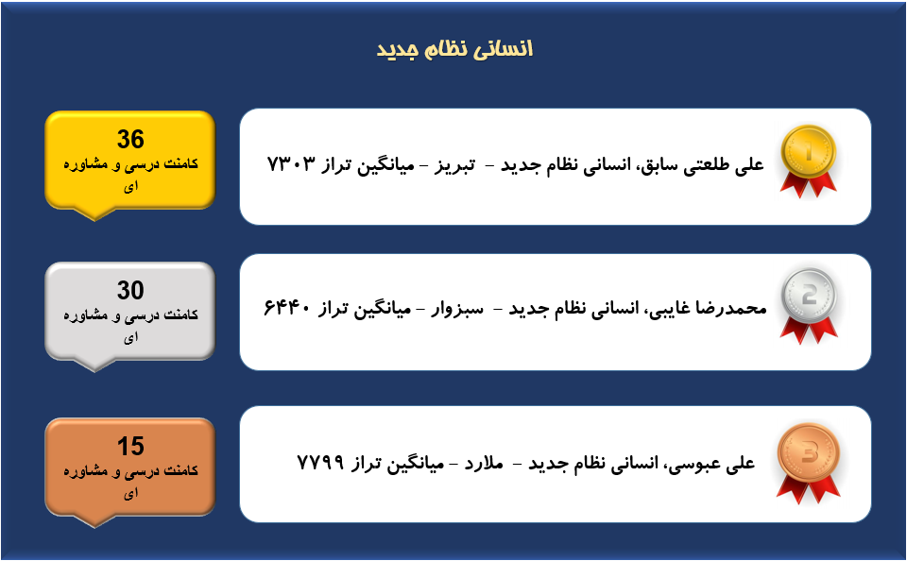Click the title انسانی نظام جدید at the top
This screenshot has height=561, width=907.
[454, 49]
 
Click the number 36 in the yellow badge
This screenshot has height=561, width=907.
[130, 140]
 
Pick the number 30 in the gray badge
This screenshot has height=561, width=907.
[130, 290]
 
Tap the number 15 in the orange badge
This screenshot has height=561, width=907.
[130, 447]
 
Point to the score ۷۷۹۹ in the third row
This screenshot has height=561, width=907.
[320, 462]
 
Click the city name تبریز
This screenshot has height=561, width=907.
[454, 166]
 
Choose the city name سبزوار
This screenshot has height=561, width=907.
[457, 310]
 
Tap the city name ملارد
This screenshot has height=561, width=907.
[484, 464]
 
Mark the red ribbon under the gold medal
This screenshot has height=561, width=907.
[808, 184]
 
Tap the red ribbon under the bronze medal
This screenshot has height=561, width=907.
[808, 489]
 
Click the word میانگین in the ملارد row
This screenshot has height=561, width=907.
[415, 464]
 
